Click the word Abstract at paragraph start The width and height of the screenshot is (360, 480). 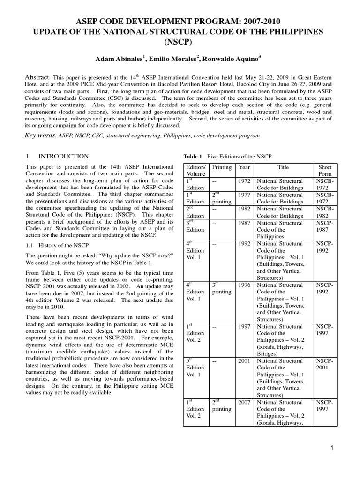click(x=37, y=77)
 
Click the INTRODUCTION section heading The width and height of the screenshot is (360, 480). click(x=63, y=156)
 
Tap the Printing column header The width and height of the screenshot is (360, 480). click(x=222, y=167)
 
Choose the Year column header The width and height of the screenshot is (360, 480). click(x=244, y=167)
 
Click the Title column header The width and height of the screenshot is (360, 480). click(x=283, y=167)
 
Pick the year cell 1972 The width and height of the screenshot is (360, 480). click(x=244, y=181)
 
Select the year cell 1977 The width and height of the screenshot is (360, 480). click(x=244, y=195)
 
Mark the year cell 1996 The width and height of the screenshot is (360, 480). click(x=244, y=285)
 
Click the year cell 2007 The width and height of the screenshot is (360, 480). click(x=244, y=402)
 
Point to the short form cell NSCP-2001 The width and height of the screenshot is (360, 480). click(x=325, y=365)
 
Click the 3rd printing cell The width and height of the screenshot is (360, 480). click(x=221, y=288)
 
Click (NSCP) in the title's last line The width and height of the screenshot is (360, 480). click(x=180, y=41)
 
